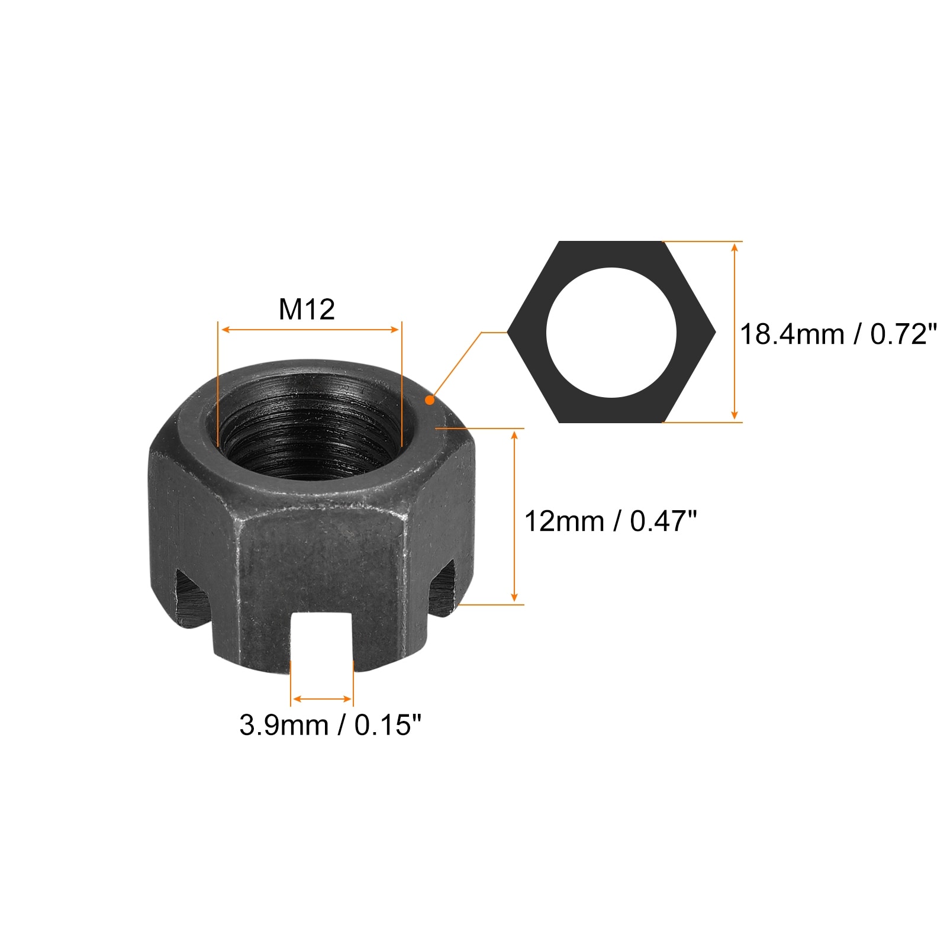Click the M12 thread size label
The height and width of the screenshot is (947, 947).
click(x=307, y=309)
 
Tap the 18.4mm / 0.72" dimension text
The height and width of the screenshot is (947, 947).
click(x=839, y=334)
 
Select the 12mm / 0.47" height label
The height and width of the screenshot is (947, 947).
click(x=611, y=521)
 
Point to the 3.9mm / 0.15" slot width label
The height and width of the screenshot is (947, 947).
click(x=330, y=725)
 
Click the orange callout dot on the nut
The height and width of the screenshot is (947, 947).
click(x=430, y=400)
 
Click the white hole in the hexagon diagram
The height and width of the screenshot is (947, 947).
click(x=611, y=333)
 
